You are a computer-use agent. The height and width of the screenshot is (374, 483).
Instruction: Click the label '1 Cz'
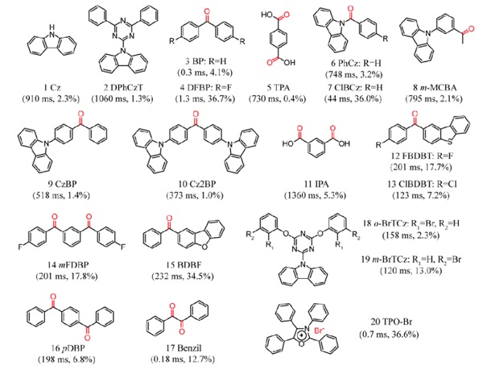pyautogui.click(x=52, y=88)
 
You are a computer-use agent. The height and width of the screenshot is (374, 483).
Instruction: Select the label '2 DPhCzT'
pyautogui.click(x=123, y=88)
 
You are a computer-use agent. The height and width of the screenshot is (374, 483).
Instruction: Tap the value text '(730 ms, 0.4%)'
pyautogui.click(x=277, y=98)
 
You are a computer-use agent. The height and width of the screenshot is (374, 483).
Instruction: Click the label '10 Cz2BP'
pyautogui.click(x=197, y=184)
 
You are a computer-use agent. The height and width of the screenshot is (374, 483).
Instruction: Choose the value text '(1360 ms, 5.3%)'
pyautogui.click(x=315, y=195)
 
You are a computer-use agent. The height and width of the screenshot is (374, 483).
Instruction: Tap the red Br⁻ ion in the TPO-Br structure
pyautogui.click(x=319, y=330)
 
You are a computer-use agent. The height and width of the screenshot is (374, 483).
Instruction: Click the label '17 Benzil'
pyautogui.click(x=184, y=348)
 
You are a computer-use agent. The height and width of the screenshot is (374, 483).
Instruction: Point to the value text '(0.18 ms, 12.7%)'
pyautogui.click(x=183, y=359)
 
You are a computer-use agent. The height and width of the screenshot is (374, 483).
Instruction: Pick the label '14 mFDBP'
pyautogui.click(x=67, y=265)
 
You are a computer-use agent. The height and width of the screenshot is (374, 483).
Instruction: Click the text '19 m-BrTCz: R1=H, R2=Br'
pyautogui.click(x=411, y=260)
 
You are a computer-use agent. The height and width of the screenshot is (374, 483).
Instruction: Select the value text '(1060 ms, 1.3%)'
pyautogui.click(x=122, y=98)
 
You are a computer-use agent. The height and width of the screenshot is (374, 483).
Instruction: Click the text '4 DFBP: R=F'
pyautogui.click(x=206, y=88)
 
